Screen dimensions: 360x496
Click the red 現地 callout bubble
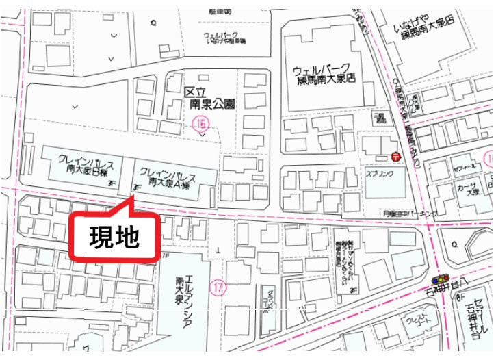pos(115,237)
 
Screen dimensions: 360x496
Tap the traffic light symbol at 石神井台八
pos(439,279)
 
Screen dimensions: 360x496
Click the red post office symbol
pos(396,157)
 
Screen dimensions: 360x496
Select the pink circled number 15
pos(201,124)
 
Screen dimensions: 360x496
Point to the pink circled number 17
pos(218,287)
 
